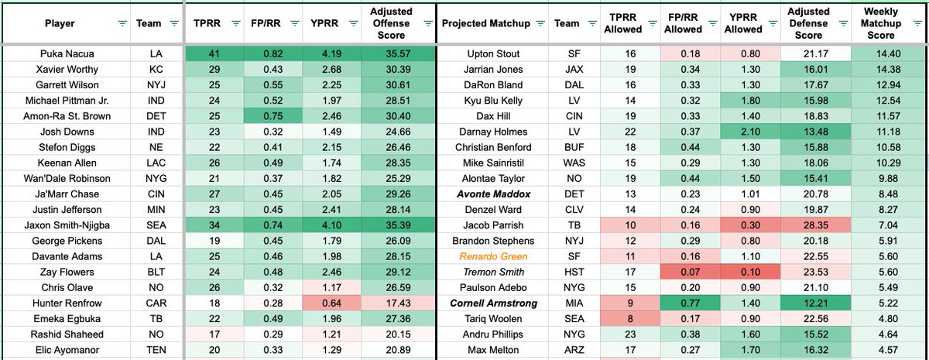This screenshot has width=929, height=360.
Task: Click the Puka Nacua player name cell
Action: (x=60, y=54)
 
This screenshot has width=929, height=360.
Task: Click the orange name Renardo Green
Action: (x=494, y=256)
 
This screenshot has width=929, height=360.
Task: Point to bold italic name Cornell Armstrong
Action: (x=494, y=303)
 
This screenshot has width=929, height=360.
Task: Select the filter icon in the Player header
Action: (x=122, y=24)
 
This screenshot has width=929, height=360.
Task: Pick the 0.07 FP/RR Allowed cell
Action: (x=682, y=272)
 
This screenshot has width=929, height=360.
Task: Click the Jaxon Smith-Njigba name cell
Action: (x=60, y=225)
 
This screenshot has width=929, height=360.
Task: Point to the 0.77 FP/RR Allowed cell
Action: (x=682, y=303)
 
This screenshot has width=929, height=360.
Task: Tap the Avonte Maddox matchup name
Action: (x=494, y=194)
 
